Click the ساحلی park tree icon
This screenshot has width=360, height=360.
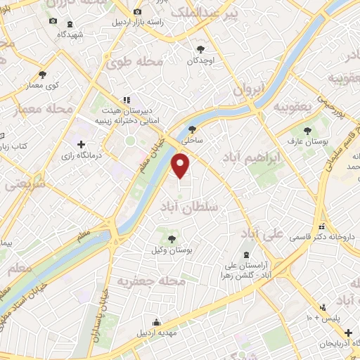(x=192, y=129)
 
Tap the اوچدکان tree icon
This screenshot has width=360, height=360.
(x=200, y=49)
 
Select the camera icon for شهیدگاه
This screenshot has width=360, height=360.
(x=54, y=21)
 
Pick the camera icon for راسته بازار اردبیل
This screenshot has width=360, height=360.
(x=138, y=13)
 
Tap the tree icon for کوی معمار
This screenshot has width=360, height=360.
(x=42, y=74)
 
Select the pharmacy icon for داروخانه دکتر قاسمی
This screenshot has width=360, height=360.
(x=321, y=226)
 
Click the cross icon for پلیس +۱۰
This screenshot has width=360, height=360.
(x=322, y=307)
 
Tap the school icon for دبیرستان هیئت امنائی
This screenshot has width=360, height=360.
(x=127, y=100)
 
